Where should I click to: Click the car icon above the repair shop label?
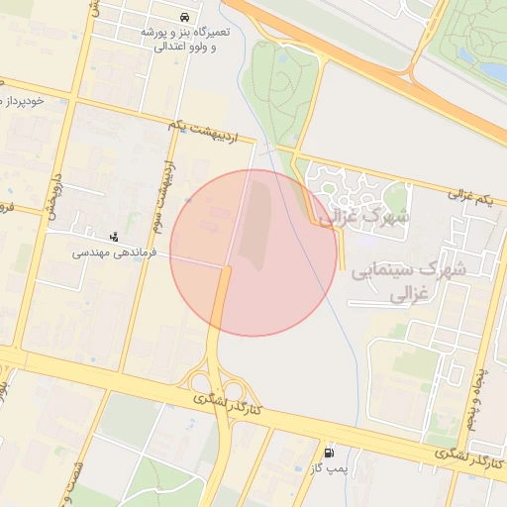[186, 18]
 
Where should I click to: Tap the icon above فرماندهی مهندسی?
[115, 237]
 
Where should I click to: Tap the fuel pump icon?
[330, 452]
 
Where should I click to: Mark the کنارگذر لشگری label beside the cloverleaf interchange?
[227, 403]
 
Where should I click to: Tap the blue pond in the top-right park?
[492, 71]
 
